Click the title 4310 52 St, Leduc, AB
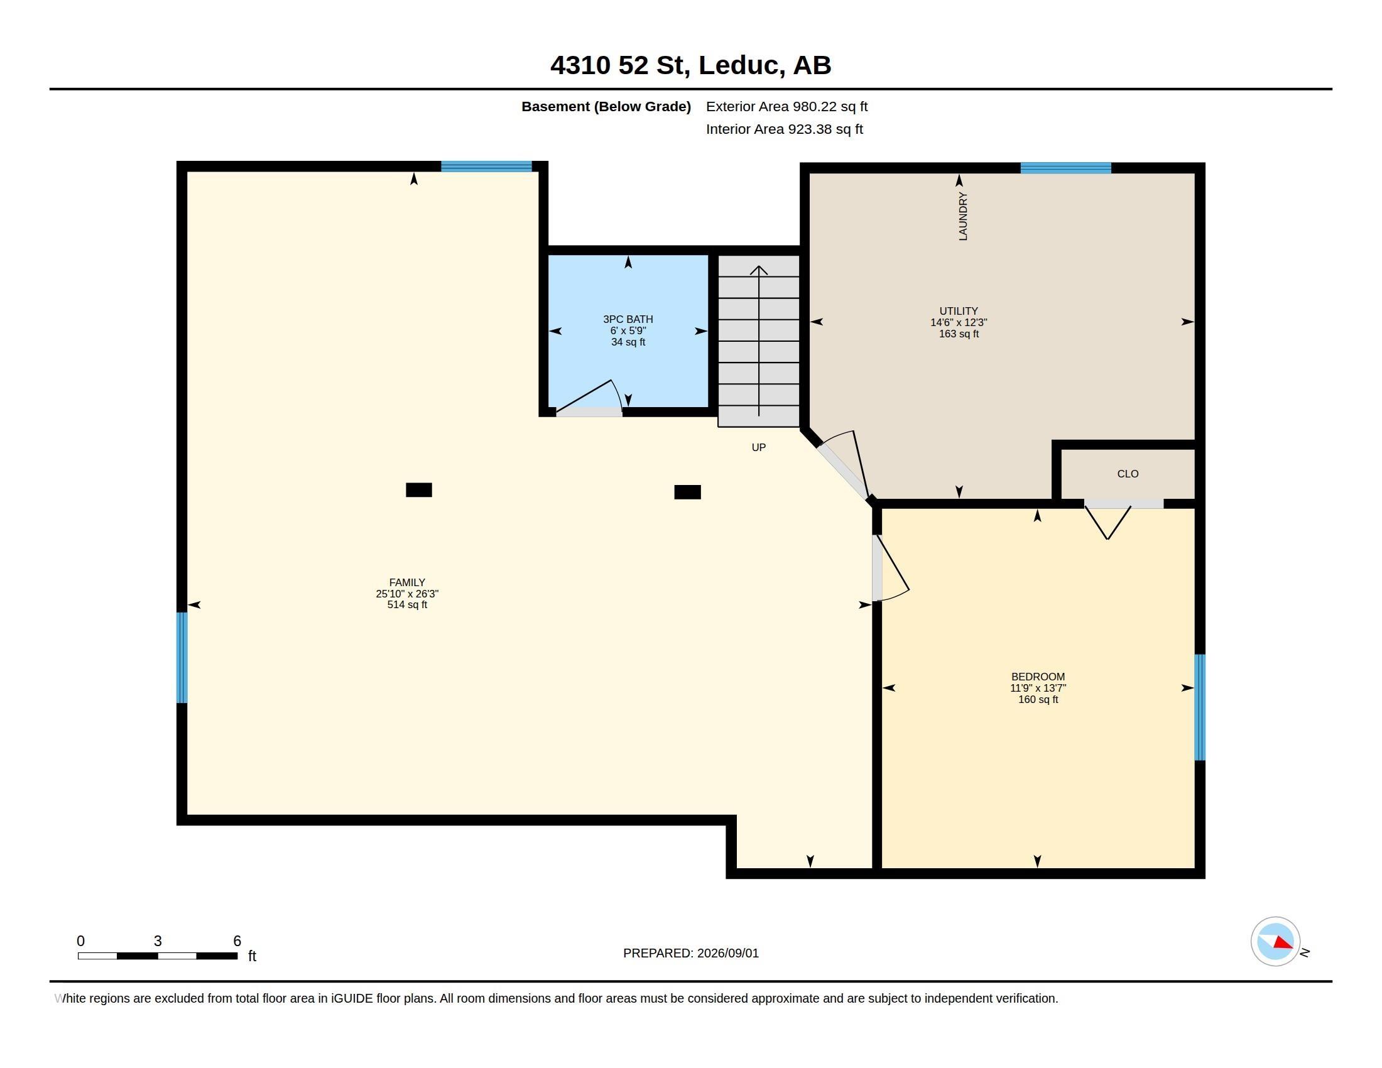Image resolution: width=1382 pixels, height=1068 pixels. click(690, 65)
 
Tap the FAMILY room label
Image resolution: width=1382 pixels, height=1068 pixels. click(407, 582)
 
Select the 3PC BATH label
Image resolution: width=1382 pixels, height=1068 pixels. click(628, 320)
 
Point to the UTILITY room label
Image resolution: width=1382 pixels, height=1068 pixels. click(958, 310)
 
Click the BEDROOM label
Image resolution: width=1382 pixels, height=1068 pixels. click(1038, 677)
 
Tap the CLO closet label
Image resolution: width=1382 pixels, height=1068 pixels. click(1128, 474)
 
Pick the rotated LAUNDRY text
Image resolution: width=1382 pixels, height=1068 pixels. click(963, 216)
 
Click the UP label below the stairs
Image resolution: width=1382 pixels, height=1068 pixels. click(758, 447)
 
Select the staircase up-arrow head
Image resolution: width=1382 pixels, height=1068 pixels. click(759, 270)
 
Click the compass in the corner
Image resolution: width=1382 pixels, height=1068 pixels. click(1275, 942)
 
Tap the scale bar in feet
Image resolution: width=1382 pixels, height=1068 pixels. click(158, 956)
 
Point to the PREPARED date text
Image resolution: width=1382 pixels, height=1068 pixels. click(690, 953)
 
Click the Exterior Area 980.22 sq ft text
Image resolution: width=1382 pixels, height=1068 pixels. click(786, 106)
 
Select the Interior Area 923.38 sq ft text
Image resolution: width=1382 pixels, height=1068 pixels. click(784, 129)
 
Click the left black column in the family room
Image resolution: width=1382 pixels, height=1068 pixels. click(419, 490)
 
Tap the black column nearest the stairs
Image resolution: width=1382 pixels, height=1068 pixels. click(687, 493)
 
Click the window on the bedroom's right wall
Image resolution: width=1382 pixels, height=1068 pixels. click(1200, 707)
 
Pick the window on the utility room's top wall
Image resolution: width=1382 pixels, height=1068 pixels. click(1065, 168)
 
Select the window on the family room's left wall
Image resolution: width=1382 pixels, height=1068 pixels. click(182, 657)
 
